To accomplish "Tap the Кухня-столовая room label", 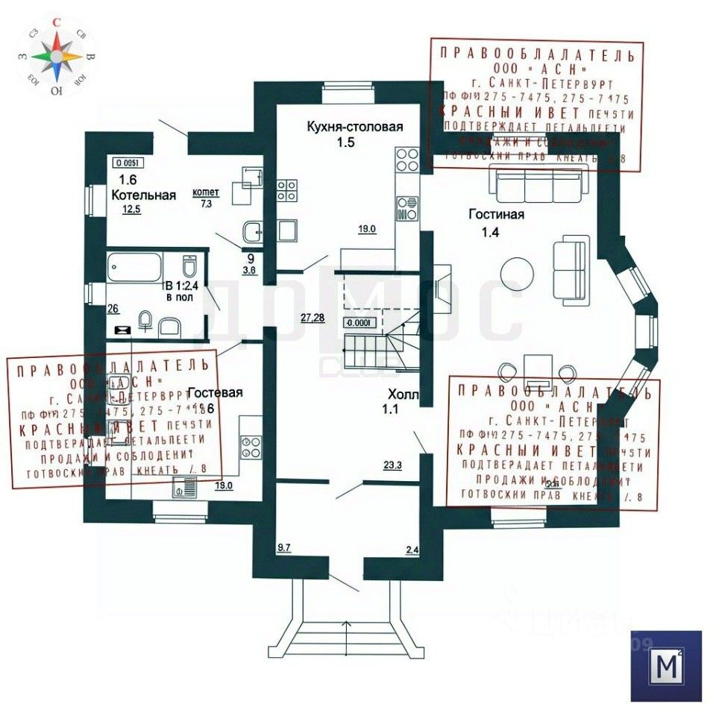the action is (354, 127).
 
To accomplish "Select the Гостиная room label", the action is (496, 215).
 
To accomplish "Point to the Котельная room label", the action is (144, 195).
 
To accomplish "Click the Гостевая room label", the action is (215, 392).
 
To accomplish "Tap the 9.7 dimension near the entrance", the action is (284, 548).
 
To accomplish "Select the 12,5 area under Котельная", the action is (132, 210).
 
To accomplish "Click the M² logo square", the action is (666, 666).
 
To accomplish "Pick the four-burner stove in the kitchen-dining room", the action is (406, 159).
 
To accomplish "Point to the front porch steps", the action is (345, 638).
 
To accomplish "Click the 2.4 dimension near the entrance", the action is (412, 550).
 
